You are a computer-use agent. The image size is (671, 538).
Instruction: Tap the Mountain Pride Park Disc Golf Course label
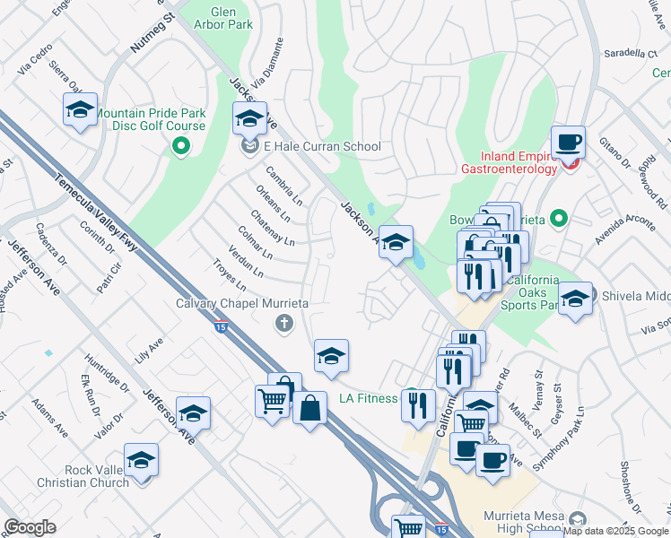coord(150,119)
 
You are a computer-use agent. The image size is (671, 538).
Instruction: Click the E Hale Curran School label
coord(322,147)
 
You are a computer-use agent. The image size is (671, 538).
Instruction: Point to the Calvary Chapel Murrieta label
coord(242,304)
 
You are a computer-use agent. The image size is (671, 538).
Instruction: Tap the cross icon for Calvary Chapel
coord(284,324)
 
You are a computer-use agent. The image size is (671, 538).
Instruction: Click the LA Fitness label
coord(368,398)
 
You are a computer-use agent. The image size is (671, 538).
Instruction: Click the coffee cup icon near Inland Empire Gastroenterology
coord(568,143)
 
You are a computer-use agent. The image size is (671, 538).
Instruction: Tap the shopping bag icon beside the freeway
coord(309,409)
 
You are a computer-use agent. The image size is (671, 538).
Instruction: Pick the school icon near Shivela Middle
coord(575,299)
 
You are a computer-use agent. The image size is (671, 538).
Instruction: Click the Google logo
coord(30,527)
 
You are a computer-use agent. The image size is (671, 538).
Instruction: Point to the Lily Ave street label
coord(149,347)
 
